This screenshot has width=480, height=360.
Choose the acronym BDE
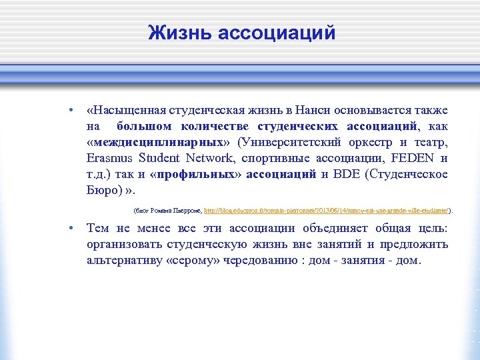pos(347,174)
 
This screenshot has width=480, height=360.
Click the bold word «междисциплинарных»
pos(157,142)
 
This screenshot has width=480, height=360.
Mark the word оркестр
pos(365,142)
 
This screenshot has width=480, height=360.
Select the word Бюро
pos(100,190)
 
